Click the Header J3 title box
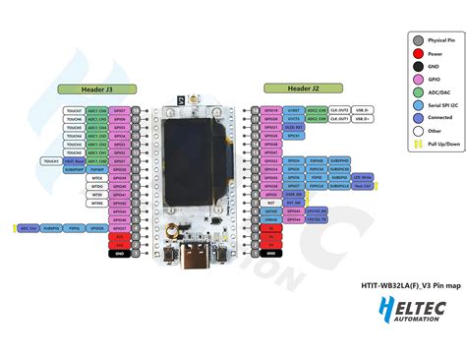(x=103, y=90)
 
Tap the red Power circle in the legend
(x=418, y=55)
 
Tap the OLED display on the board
(x=194, y=148)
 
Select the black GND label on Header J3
(x=119, y=254)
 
